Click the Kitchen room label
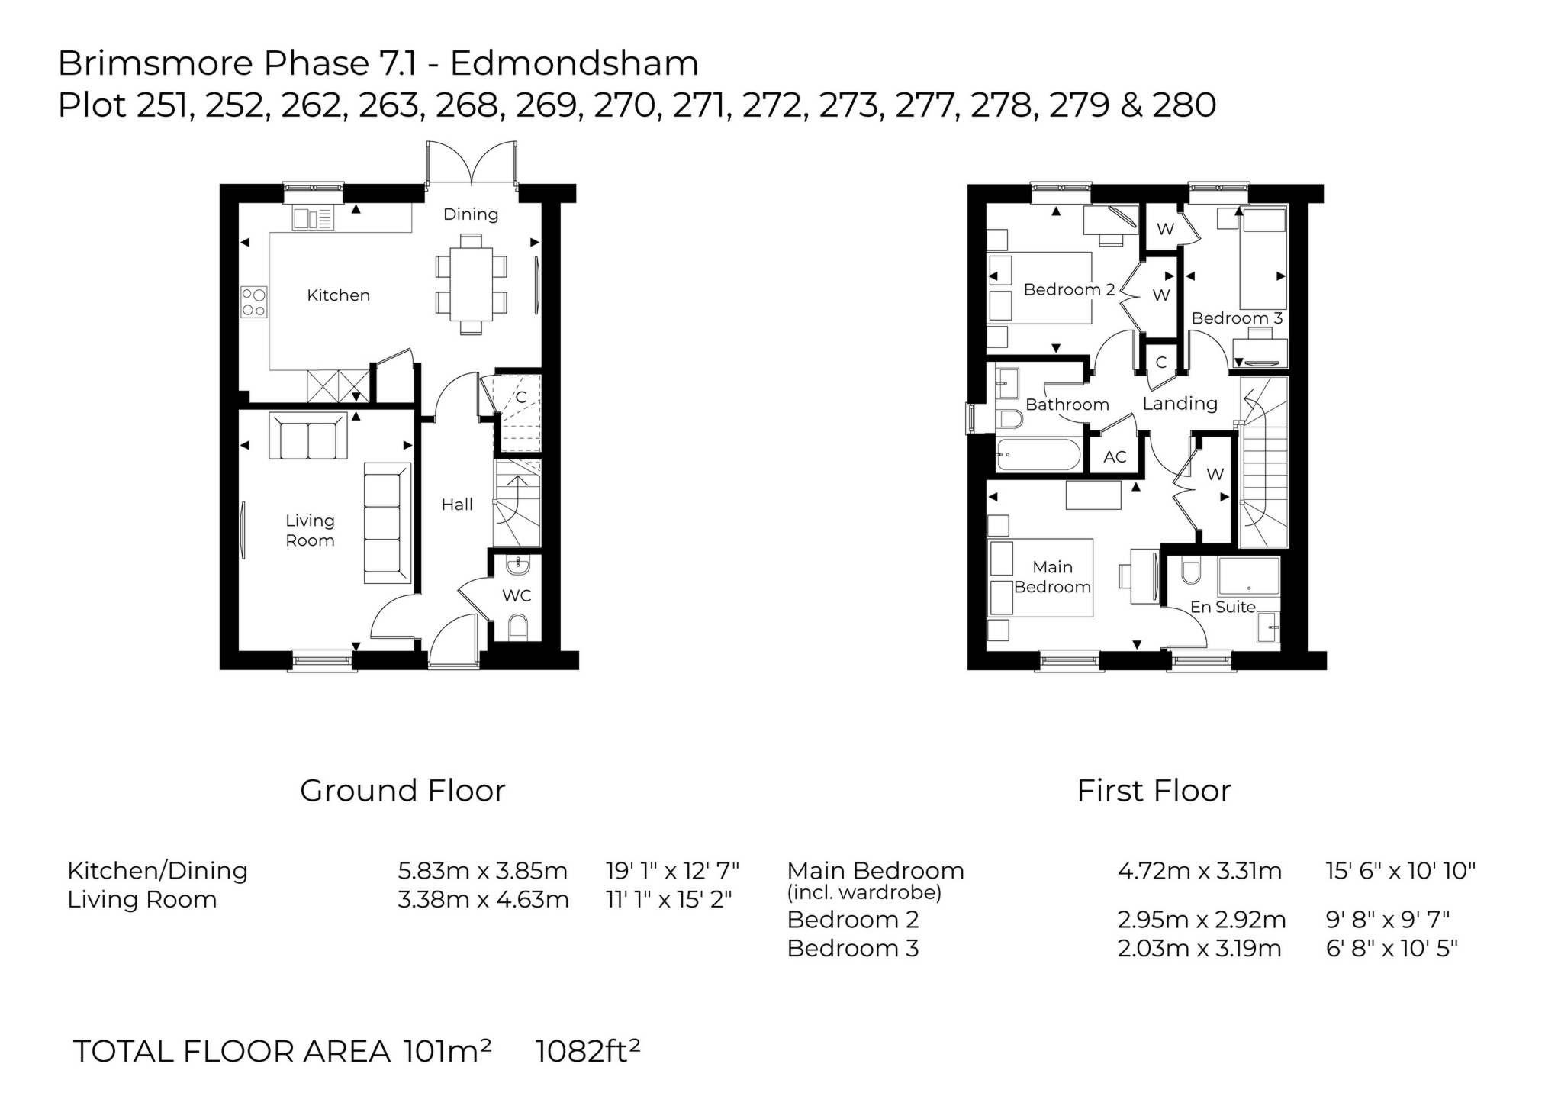338,295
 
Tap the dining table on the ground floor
471,284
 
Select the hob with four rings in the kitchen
254,301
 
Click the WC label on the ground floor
517,595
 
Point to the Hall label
457,505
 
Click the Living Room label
310,530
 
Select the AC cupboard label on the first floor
1115,457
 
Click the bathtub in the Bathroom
1038,456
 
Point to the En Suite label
1222,607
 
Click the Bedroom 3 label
1237,318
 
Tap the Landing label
1180,404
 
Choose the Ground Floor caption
402,791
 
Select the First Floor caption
1154,791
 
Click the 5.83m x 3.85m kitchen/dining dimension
482,871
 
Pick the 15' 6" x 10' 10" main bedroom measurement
1401,871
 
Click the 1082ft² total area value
587,1051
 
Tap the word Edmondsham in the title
574,63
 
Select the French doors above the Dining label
472,163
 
